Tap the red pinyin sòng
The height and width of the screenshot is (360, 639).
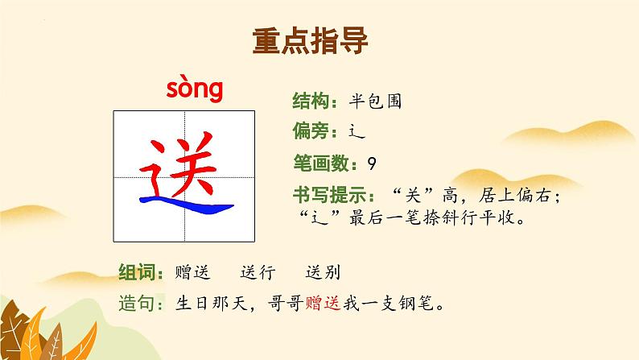194,90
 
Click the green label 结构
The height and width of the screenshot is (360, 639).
307,101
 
